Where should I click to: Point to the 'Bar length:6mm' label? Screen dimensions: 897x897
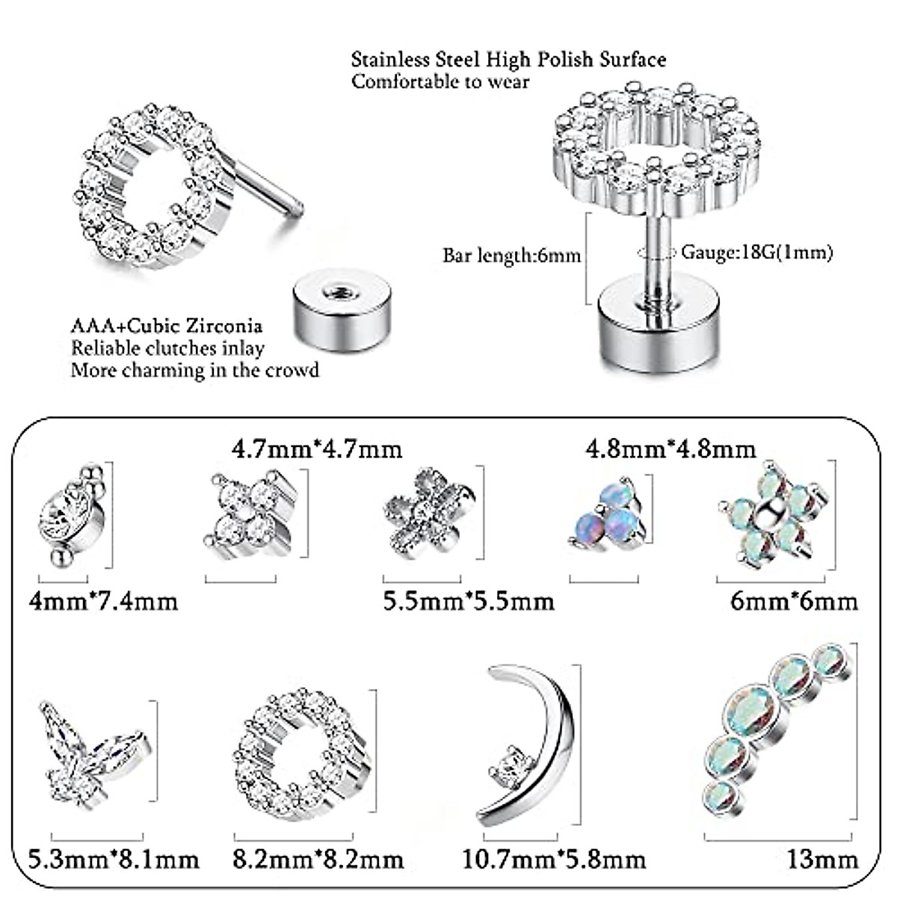point(511,256)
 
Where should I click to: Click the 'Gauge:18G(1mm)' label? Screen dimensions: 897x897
point(756,253)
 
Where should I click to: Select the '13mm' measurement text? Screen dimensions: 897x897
point(822,859)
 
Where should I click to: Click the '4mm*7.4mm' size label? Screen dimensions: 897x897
point(102,600)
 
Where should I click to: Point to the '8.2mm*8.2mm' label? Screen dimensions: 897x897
point(318,859)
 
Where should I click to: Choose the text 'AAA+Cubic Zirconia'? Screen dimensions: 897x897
point(167,326)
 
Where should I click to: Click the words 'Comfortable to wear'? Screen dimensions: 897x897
point(440,81)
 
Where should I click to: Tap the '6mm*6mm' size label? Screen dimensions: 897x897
point(794,600)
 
